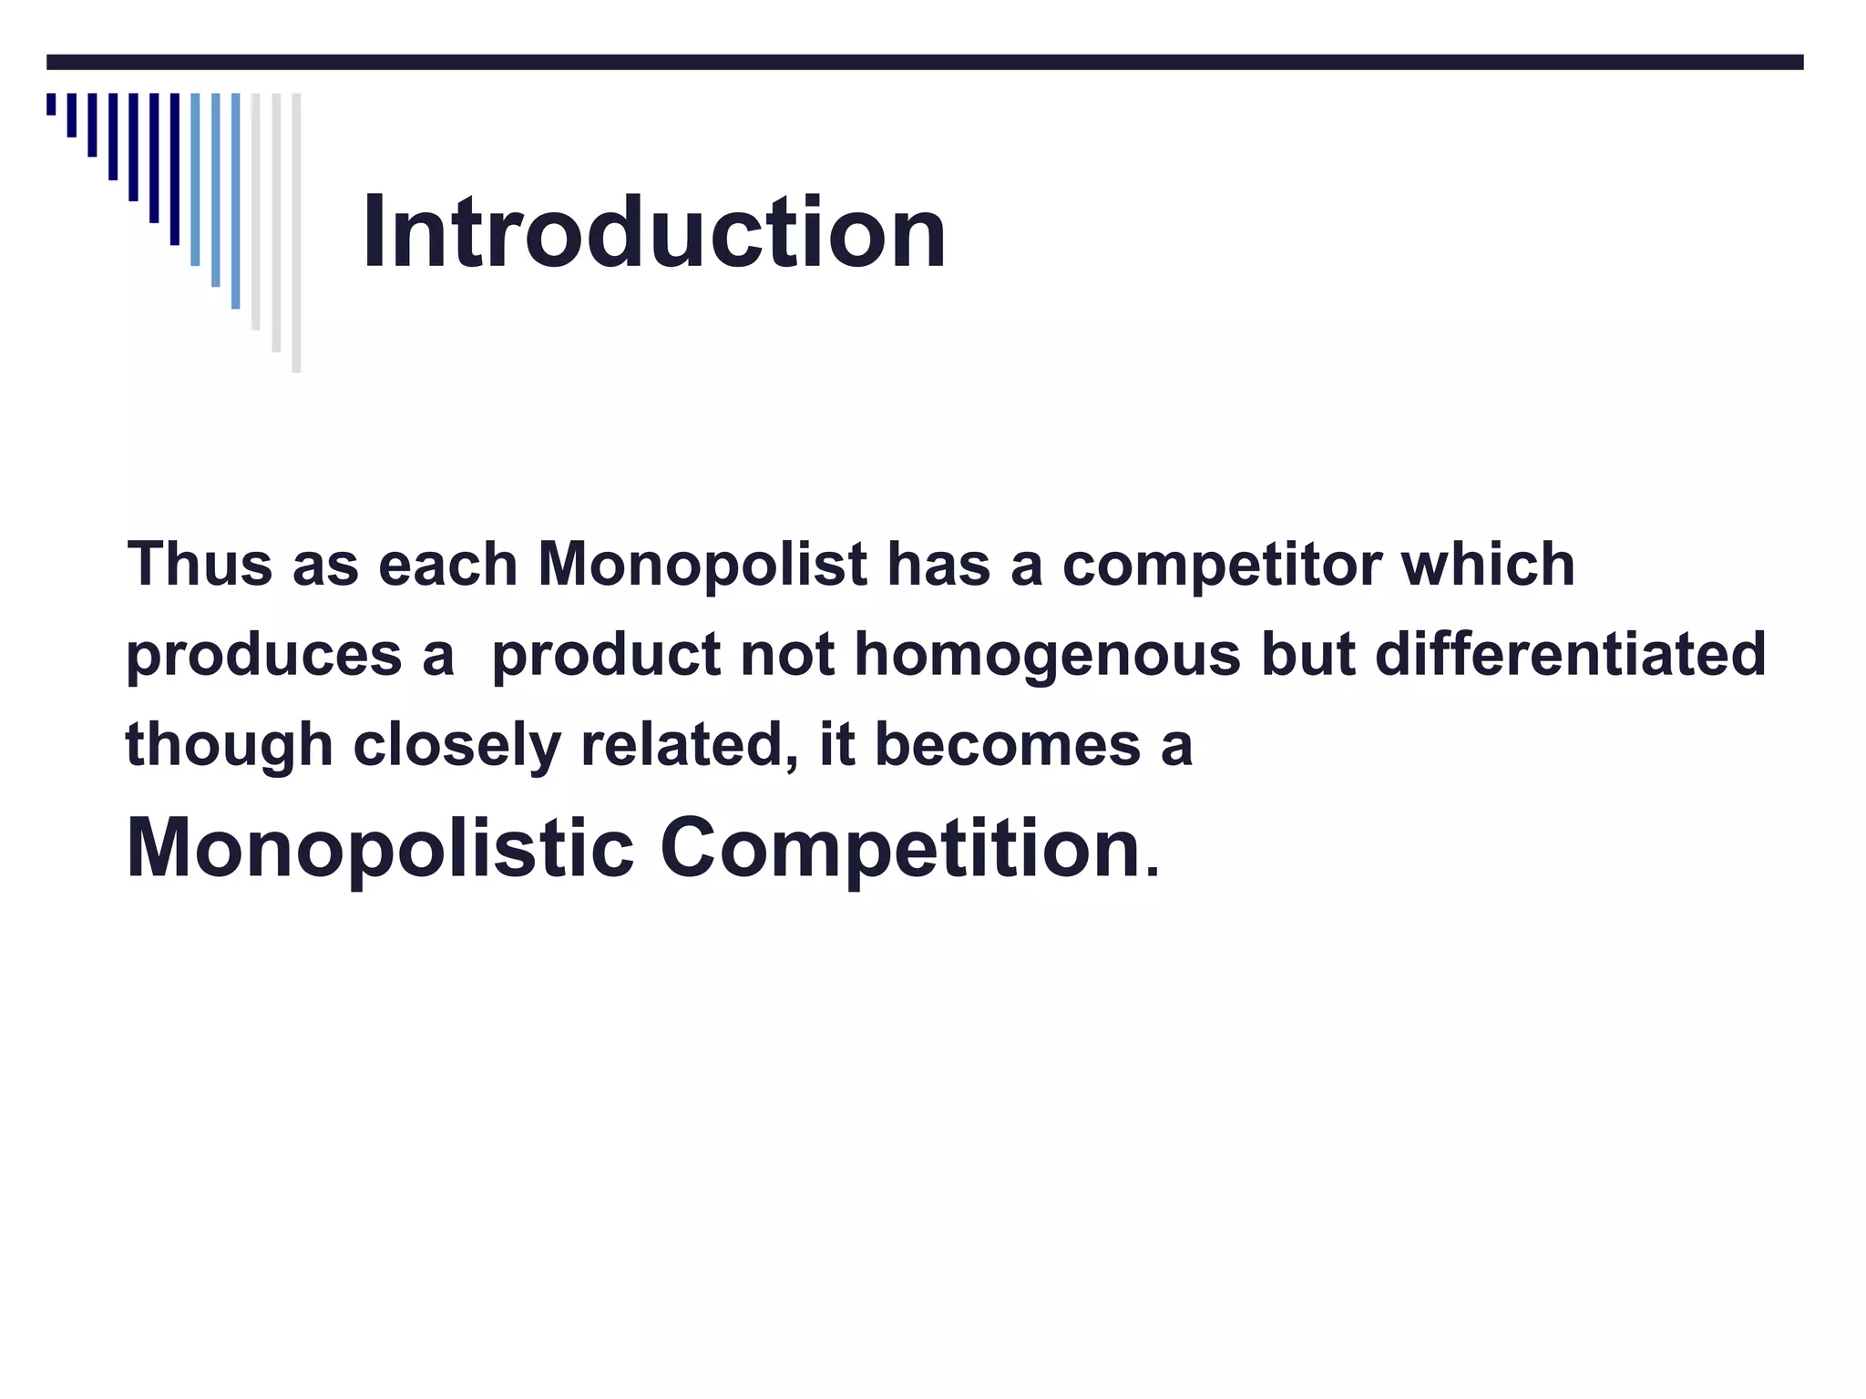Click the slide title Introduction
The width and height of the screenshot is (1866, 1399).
(x=653, y=233)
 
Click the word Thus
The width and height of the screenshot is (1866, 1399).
(x=200, y=564)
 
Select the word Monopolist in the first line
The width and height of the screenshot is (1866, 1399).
(x=702, y=564)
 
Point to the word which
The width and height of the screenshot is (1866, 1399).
(x=1488, y=564)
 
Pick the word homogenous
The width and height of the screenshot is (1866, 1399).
(x=1047, y=656)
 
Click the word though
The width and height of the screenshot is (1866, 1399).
(x=229, y=746)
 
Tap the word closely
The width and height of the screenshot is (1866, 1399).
(x=456, y=746)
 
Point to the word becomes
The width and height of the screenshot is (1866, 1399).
(x=1007, y=744)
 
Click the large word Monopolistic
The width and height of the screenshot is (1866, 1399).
(x=380, y=849)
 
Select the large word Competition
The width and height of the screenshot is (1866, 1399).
(x=900, y=849)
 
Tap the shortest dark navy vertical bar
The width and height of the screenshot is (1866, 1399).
(x=51, y=104)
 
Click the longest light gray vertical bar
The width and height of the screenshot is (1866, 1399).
(x=296, y=232)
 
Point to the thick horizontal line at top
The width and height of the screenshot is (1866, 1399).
(x=925, y=62)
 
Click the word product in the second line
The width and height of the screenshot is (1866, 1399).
(x=606, y=656)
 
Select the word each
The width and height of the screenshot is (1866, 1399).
(x=447, y=564)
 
